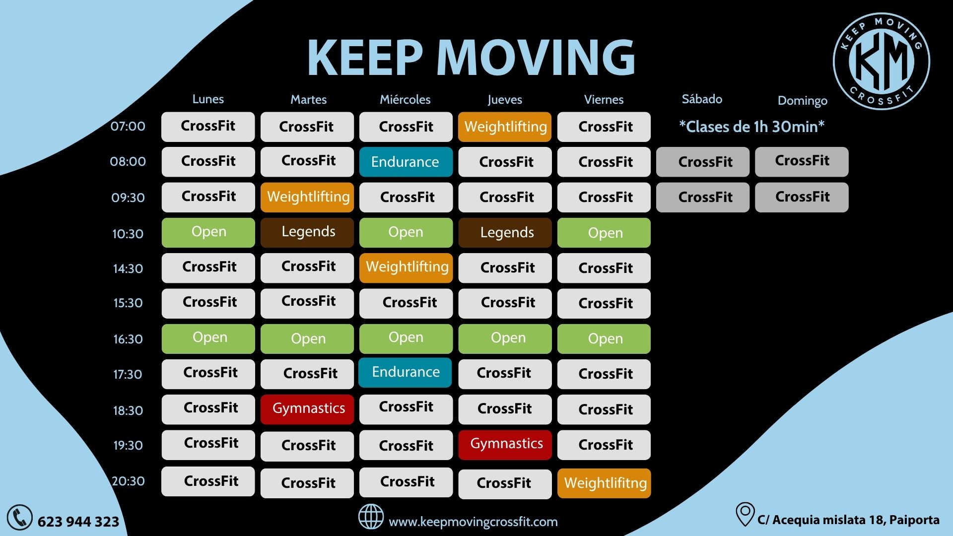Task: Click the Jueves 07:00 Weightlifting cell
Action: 505,127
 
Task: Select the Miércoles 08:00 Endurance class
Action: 406,162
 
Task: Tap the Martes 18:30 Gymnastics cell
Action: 307,409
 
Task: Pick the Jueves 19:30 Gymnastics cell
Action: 505,444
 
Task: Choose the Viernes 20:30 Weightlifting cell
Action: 604,483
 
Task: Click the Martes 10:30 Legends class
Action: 307,232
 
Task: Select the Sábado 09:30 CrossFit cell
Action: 703,197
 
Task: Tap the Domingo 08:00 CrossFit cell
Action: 802,161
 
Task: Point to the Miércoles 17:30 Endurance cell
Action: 405,372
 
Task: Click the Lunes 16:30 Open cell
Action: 208,338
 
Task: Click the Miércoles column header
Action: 405,99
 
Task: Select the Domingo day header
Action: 802,101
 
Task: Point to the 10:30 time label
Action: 128,234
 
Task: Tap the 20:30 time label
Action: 128,481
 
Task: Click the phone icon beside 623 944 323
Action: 20,518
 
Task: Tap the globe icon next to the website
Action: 371,516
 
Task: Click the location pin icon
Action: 745,514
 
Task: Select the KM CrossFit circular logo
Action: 882,61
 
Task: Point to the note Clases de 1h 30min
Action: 751,127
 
